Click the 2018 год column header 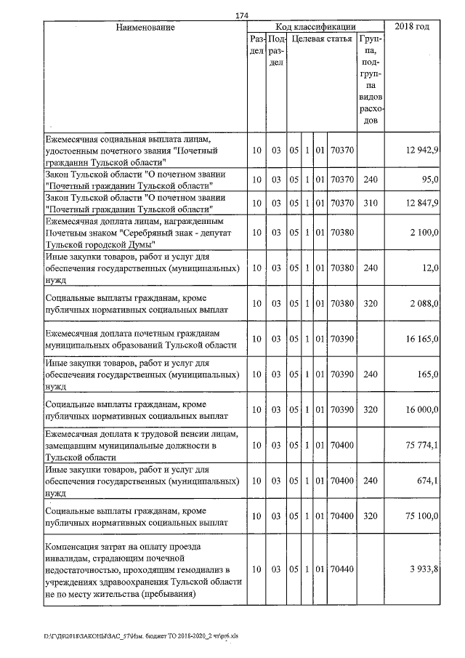point(411,27)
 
